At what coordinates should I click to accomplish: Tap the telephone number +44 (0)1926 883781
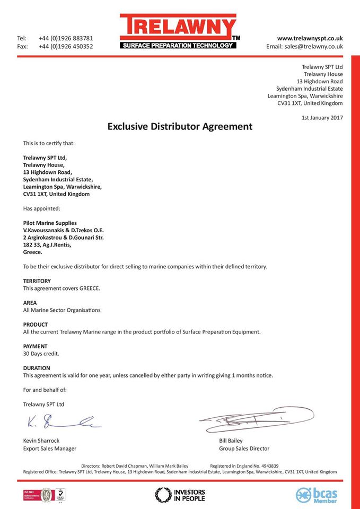[x=66, y=38]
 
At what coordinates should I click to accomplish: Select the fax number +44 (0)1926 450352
[x=66, y=47]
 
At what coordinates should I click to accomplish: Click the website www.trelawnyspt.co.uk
[x=310, y=38]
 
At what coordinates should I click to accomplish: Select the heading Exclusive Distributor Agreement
[x=180, y=127]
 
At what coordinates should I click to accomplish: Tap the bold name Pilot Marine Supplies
[x=50, y=223]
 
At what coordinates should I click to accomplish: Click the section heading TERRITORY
[x=37, y=281]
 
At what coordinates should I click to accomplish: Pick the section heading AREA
[x=30, y=303]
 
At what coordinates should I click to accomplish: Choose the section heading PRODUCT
[x=36, y=324]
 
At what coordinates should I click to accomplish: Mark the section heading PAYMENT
[x=36, y=346]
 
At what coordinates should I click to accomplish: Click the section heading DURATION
[x=37, y=368]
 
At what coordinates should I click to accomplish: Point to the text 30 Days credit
[x=41, y=354]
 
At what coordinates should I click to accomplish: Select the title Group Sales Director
[x=244, y=449]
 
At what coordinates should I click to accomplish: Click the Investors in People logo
[x=180, y=495]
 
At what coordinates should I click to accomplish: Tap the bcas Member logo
[x=317, y=495]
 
